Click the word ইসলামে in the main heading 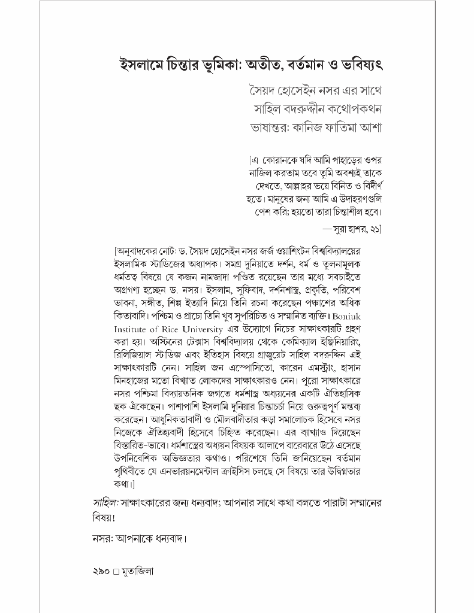point(142,63)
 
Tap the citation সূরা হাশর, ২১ point(355,228)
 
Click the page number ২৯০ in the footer point(99,571)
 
